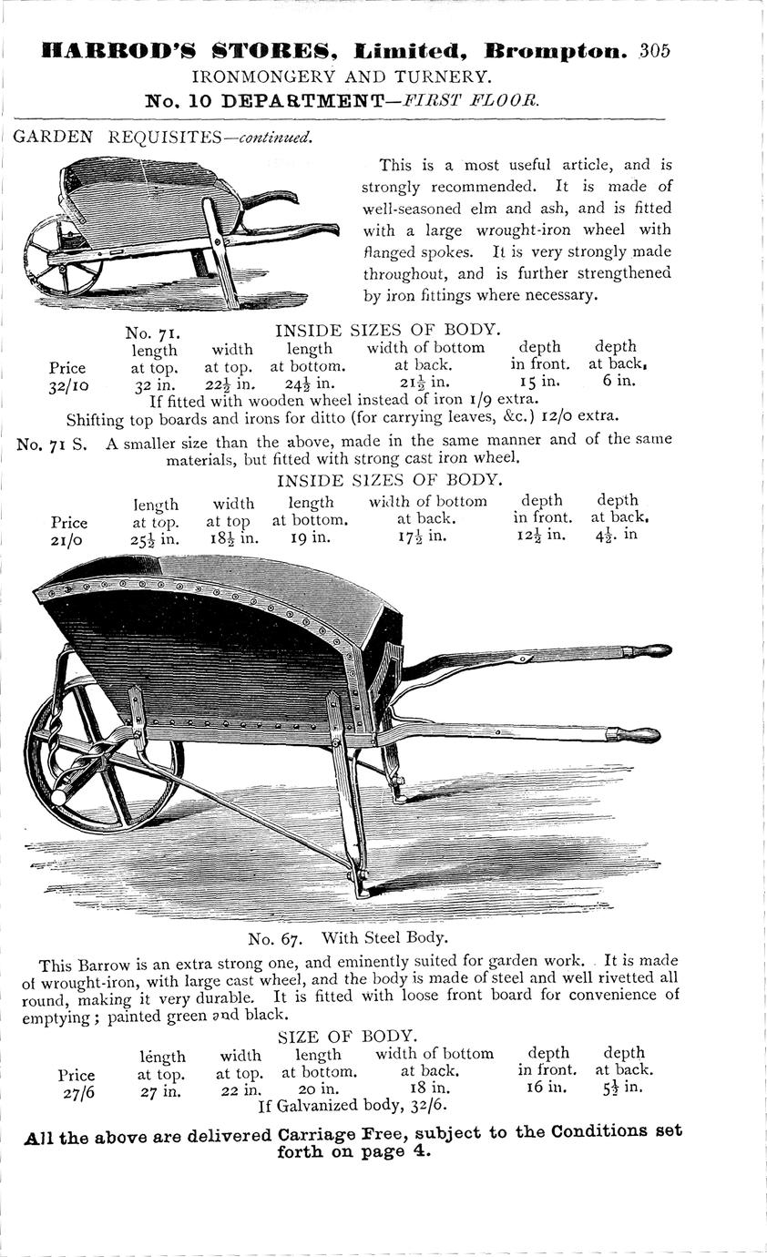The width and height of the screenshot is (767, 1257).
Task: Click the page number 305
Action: (x=654, y=51)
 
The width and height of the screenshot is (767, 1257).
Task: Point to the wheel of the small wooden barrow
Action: (x=62, y=256)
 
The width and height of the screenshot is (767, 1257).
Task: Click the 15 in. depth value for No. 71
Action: (x=538, y=381)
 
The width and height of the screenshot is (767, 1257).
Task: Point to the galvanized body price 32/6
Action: (x=425, y=1106)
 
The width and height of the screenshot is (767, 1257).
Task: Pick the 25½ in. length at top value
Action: (x=156, y=538)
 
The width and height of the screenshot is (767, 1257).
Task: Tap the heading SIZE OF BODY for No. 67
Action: (x=347, y=1036)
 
